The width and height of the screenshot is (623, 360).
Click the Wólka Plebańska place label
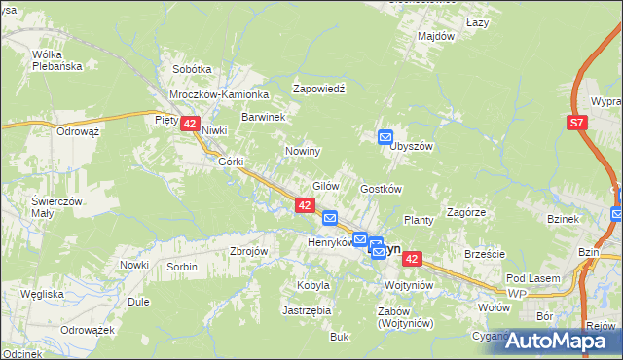click(x=54, y=60)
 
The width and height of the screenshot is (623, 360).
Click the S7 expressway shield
click(x=577, y=123)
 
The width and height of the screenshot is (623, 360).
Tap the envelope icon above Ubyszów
click(x=385, y=137)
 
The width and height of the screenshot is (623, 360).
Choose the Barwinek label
click(x=263, y=117)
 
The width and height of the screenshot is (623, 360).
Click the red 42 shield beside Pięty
click(x=190, y=124)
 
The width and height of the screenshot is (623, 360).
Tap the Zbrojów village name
click(x=248, y=250)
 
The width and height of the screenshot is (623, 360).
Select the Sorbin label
click(x=182, y=266)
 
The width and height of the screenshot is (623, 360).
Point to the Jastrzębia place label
click(x=307, y=310)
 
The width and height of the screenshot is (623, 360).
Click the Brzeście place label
click(x=485, y=254)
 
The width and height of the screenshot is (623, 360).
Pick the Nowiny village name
click(x=303, y=152)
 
